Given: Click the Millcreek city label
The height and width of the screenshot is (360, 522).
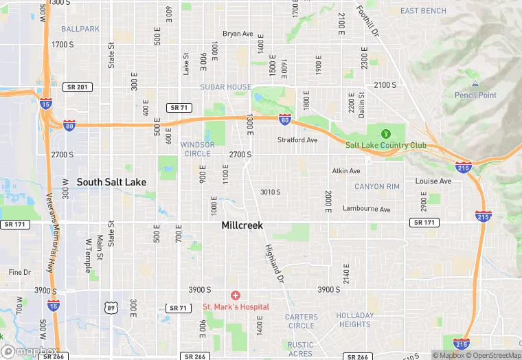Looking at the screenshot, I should click(242, 225).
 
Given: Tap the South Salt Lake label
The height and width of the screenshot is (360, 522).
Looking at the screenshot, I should click(111, 182).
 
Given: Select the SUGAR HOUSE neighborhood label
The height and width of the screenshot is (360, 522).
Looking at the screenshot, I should click(225, 87).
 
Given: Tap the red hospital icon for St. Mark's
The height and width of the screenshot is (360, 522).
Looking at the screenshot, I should click(236, 295).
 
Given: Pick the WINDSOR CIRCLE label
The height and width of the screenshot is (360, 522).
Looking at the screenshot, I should click(197, 149).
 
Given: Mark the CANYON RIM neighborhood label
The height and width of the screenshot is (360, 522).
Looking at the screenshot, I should click(376, 187).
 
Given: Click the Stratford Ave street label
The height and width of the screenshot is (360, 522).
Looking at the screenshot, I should click(297, 140).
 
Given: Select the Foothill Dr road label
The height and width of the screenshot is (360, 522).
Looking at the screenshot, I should click(368, 21).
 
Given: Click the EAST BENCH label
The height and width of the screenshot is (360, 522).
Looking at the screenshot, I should click(423, 11).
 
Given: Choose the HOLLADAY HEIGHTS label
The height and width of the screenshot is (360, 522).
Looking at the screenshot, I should click(355, 320).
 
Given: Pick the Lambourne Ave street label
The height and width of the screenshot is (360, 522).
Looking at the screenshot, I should click(366, 209).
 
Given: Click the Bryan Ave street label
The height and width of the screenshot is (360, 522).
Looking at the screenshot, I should click(238, 34).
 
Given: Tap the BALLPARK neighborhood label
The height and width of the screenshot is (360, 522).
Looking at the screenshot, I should click(80, 29).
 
